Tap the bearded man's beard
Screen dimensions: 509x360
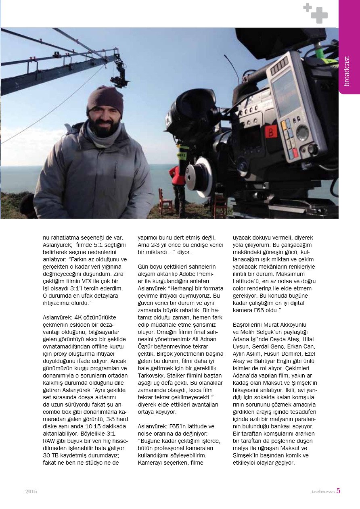click(105, 128)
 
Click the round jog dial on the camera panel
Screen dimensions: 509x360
click(302, 132)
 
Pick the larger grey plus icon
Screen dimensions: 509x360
click(319, 16)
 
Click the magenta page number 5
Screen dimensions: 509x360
click(338, 491)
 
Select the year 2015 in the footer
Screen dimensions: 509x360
click(31, 492)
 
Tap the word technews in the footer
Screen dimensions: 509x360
click(323, 492)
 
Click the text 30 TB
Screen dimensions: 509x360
click(51, 456)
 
